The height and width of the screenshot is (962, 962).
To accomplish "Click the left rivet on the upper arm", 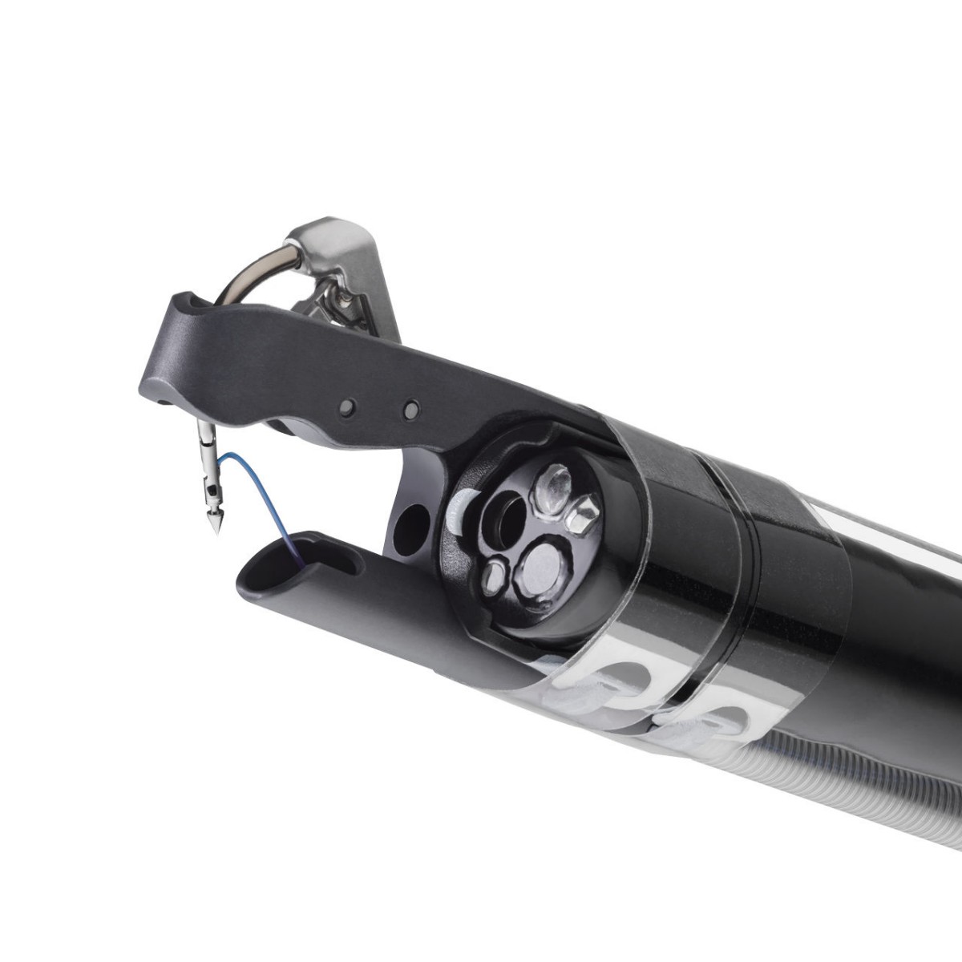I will tap(346, 408).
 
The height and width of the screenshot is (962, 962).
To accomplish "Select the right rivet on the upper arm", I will tap(411, 410).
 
